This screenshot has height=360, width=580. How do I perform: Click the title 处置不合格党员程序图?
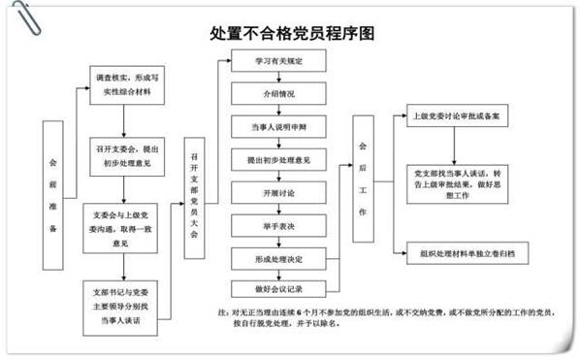pos(291,33)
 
